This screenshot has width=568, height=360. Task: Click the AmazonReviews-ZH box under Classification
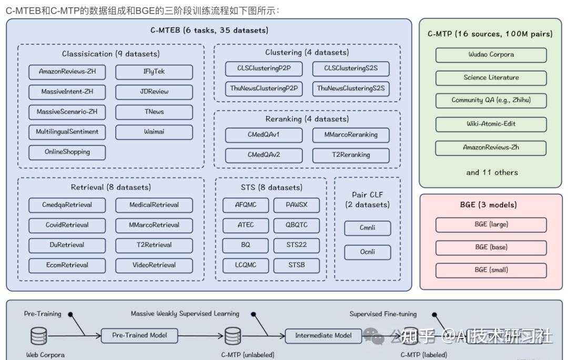67,71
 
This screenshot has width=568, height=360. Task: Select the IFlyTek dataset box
154,71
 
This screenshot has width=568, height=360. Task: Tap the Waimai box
154,132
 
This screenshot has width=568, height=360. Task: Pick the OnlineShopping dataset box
67,152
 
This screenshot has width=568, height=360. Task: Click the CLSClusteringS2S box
351,68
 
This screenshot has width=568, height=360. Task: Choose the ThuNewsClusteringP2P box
264,89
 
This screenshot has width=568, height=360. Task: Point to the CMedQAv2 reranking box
264,155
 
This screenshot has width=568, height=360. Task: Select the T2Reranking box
351,155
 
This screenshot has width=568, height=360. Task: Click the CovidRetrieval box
67,225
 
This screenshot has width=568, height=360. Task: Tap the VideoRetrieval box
154,265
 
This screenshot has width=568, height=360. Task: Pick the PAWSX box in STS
297,205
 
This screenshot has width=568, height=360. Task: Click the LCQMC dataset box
246,265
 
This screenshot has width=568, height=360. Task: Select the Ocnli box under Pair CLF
368,252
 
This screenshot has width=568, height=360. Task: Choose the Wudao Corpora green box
491,55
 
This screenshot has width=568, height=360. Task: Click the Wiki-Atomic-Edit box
491,124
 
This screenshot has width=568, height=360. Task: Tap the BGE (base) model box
491,247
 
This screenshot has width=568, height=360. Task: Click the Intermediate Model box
323,335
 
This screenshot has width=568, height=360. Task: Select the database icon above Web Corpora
38,335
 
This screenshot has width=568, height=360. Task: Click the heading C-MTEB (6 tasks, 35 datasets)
209,30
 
